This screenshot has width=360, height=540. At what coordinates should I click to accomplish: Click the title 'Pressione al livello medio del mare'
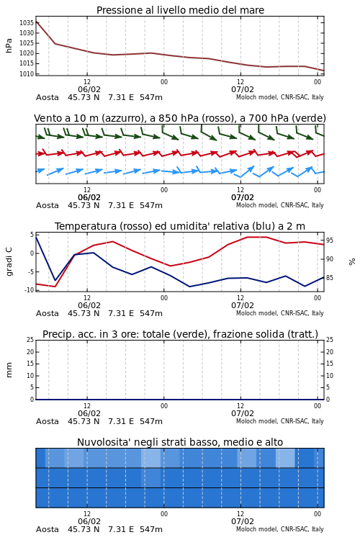click(x=180, y=10)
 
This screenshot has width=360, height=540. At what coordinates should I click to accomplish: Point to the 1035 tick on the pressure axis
click(x=27, y=23)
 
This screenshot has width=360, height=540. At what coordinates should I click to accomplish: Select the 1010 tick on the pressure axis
click(x=27, y=73)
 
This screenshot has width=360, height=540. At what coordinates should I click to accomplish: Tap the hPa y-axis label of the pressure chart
click(x=9, y=46)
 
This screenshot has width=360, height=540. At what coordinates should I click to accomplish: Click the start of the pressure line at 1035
click(x=36, y=22)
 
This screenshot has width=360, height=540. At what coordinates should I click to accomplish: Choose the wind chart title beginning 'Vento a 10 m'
click(x=180, y=118)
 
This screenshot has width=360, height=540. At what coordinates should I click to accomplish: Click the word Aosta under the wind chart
click(x=48, y=206)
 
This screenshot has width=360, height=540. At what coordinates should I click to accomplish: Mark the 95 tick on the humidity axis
click(x=330, y=240)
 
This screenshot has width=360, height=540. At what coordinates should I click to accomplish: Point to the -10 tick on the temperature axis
click(x=29, y=290)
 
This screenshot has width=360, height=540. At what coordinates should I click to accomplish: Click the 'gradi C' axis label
click(x=9, y=261)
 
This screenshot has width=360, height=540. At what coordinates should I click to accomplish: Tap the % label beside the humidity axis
click(x=352, y=262)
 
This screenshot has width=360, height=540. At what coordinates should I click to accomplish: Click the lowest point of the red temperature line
click(x=55, y=287)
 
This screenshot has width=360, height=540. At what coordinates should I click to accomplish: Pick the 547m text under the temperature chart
click(x=151, y=313)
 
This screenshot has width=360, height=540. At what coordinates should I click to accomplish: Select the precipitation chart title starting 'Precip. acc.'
click(x=180, y=334)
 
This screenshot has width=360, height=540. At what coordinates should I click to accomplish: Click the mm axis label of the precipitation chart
click(x=9, y=369)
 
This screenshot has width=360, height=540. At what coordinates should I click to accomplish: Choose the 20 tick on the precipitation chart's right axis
click(x=330, y=351)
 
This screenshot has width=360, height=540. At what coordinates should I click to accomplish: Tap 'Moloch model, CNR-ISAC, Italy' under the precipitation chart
click(x=280, y=421)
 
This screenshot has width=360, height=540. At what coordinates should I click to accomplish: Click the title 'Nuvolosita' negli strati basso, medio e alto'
click(x=180, y=442)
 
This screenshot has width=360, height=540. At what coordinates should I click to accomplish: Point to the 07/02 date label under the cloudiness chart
click(x=243, y=521)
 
